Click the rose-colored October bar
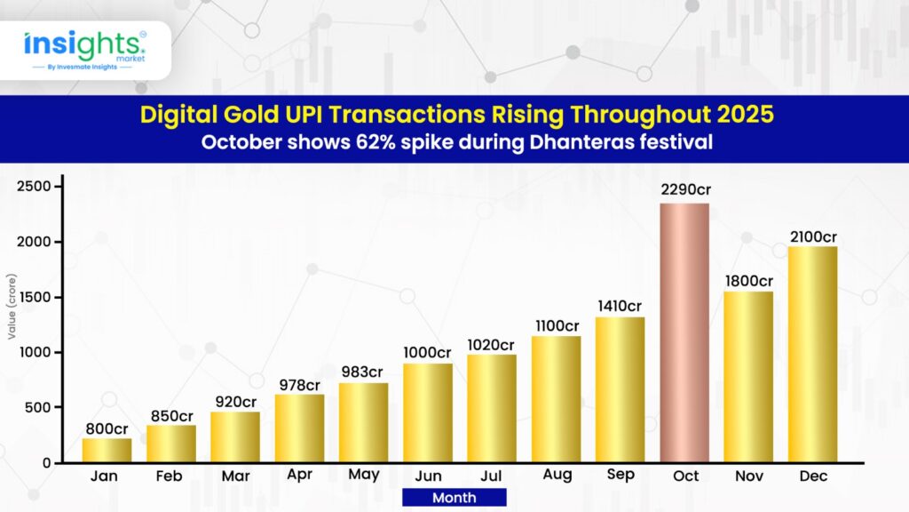(684, 332)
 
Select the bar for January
(107, 451)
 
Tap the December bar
(813, 355)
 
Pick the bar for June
(428, 413)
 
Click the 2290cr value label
(686, 190)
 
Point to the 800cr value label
(107, 429)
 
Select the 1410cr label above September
(620, 306)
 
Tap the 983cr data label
(362, 372)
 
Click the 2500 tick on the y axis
(35, 187)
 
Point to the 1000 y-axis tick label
(36, 352)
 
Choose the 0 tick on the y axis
(46, 463)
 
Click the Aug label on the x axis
(557, 475)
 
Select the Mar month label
(235, 476)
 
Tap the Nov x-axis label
(749, 476)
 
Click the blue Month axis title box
(454, 498)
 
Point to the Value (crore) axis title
(12, 307)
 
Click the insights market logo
(85, 51)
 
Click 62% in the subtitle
(375, 142)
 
